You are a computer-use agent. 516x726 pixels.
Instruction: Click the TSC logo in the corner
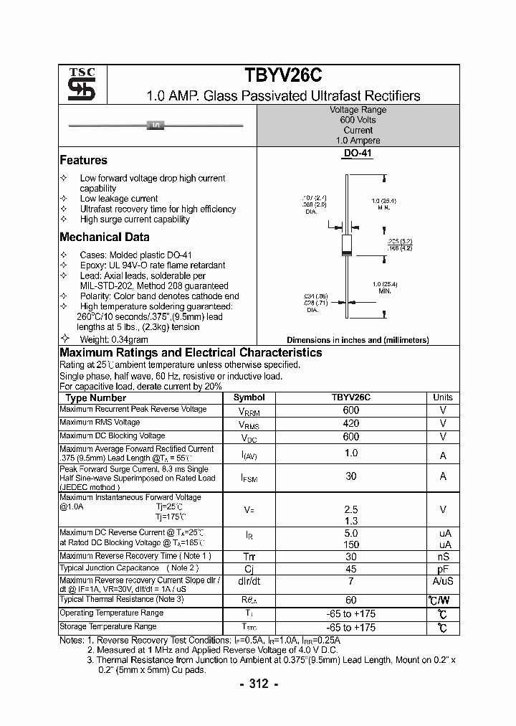tap(77, 84)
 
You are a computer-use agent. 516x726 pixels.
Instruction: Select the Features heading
tap(83, 160)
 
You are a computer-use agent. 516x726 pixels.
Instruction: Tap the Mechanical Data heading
tap(105, 237)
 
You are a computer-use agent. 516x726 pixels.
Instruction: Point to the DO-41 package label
tap(358, 154)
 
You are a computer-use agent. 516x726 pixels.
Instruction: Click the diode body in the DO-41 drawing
tap(346, 244)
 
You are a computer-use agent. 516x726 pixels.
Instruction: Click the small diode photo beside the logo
tap(156, 126)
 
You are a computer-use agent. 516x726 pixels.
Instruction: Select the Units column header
tap(443, 397)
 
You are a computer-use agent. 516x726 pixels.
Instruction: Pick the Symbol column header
tap(249, 397)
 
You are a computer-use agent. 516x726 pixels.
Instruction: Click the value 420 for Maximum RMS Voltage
tap(351, 423)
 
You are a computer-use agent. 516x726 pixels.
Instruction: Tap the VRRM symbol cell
tap(249, 410)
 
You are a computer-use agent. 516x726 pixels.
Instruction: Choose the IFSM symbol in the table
tap(249, 477)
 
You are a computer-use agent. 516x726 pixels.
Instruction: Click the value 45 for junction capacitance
tap(351, 569)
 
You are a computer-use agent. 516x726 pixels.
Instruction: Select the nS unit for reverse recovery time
tap(443, 556)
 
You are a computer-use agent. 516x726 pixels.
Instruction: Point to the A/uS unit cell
tap(443, 581)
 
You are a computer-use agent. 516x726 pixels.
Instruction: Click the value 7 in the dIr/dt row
tap(351, 581)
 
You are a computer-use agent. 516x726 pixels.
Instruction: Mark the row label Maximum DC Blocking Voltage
tap(112, 435)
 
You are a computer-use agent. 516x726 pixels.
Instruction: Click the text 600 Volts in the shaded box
tap(358, 120)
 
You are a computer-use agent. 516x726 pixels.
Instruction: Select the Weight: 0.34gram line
tap(113, 339)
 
